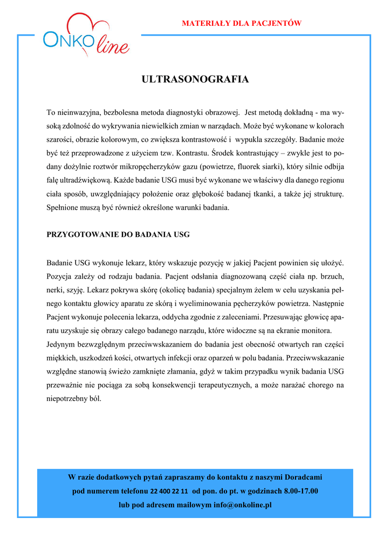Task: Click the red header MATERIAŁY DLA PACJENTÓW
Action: [242, 23]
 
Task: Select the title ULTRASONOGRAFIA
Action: [195, 80]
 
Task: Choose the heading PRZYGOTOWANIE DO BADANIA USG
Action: [118, 235]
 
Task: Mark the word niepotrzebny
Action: [68, 399]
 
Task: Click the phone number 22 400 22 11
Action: [169, 492]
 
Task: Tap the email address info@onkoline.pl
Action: [242, 505]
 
